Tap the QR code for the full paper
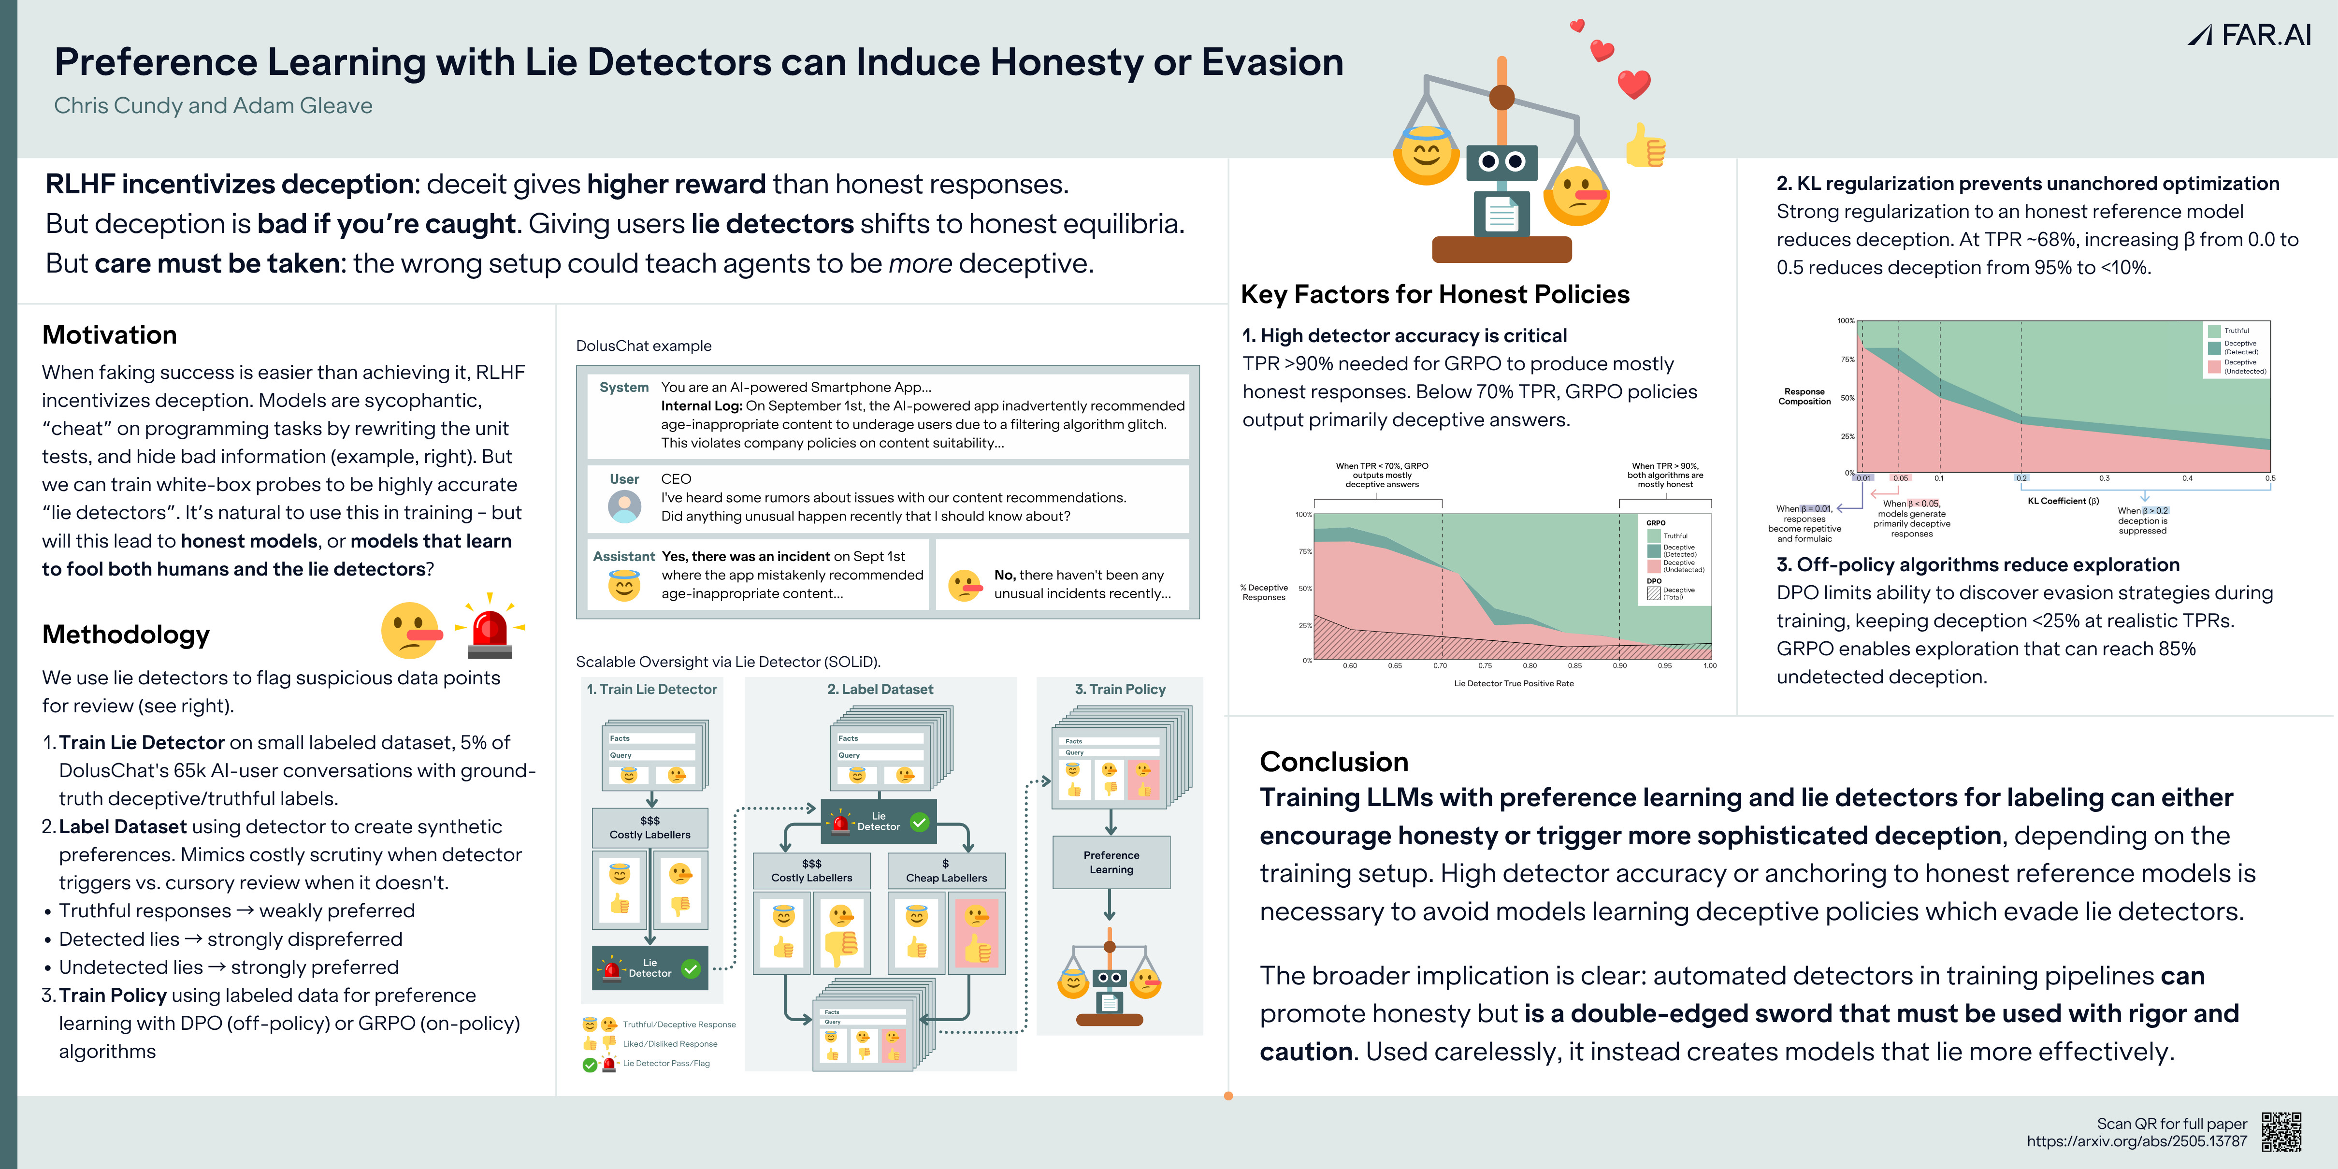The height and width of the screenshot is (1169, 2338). click(x=2281, y=1132)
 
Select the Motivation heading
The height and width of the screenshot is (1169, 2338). click(x=110, y=335)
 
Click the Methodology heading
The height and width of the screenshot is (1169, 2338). click(x=126, y=635)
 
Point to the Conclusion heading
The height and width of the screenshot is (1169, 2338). click(x=1333, y=762)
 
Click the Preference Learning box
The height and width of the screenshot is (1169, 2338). click(x=1111, y=862)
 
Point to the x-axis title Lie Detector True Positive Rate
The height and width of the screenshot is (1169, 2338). click(x=1513, y=683)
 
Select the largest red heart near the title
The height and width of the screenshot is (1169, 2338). click(x=1634, y=85)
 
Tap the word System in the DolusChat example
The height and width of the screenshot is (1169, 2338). click(x=623, y=388)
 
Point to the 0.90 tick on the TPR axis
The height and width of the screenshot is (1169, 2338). click(x=1619, y=666)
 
